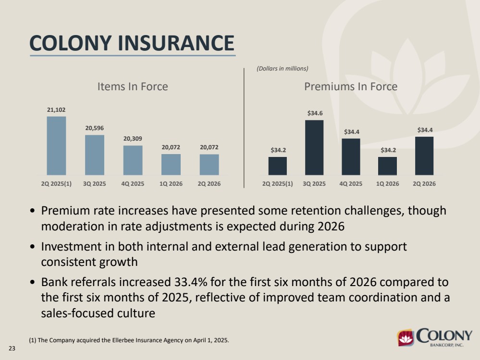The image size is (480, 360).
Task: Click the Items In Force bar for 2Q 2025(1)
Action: point(56,145)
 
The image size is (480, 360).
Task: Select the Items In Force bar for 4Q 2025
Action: point(133,160)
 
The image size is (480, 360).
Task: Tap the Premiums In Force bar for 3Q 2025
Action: point(314,147)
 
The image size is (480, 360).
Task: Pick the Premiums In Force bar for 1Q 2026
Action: point(388,166)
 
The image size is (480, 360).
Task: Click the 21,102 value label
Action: point(56,110)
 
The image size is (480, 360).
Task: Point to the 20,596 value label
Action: point(95,128)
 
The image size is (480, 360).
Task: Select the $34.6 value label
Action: point(315,113)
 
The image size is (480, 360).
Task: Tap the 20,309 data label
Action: point(133,139)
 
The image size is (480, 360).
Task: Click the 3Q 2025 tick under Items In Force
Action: point(95,184)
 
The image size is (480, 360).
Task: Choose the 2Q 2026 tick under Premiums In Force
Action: point(424,184)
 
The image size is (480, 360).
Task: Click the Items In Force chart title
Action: point(133,86)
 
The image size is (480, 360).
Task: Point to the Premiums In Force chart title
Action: point(351,86)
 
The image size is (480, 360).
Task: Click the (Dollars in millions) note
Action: point(283,69)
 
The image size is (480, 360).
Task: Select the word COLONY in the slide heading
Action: point(71,43)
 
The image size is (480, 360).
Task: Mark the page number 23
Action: point(12,348)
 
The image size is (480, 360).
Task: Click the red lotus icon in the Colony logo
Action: point(406,337)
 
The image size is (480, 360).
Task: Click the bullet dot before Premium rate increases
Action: point(33,211)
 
